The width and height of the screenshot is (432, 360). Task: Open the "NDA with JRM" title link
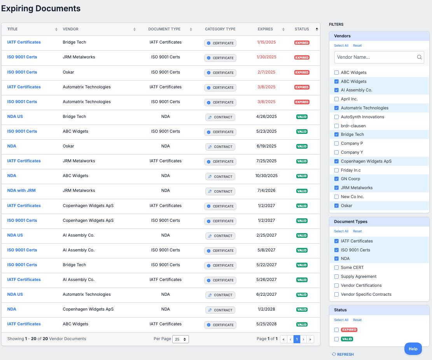(21, 191)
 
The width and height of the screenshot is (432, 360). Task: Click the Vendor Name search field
(375, 57)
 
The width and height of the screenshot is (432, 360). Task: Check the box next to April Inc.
(337, 99)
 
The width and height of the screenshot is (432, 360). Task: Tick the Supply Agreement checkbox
(337, 277)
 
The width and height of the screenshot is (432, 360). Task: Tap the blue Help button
(413, 349)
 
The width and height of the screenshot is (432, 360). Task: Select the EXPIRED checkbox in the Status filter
(337, 330)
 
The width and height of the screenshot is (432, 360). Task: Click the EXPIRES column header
(265, 29)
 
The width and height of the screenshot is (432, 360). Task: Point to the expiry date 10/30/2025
(266, 176)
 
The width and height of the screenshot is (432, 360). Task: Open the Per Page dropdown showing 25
(180, 339)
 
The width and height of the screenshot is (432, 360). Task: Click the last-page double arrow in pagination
(310, 339)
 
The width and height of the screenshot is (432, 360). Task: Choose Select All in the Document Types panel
(341, 231)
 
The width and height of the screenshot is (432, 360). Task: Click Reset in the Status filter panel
(357, 320)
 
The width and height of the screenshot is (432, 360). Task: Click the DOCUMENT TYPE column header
(164, 29)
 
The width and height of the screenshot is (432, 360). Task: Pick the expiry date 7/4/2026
(266, 191)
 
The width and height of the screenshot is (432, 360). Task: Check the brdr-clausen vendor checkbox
(337, 126)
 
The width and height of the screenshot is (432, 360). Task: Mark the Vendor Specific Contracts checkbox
(337, 295)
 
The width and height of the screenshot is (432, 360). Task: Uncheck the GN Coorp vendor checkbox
(337, 179)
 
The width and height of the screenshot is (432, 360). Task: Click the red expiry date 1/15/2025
(266, 42)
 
